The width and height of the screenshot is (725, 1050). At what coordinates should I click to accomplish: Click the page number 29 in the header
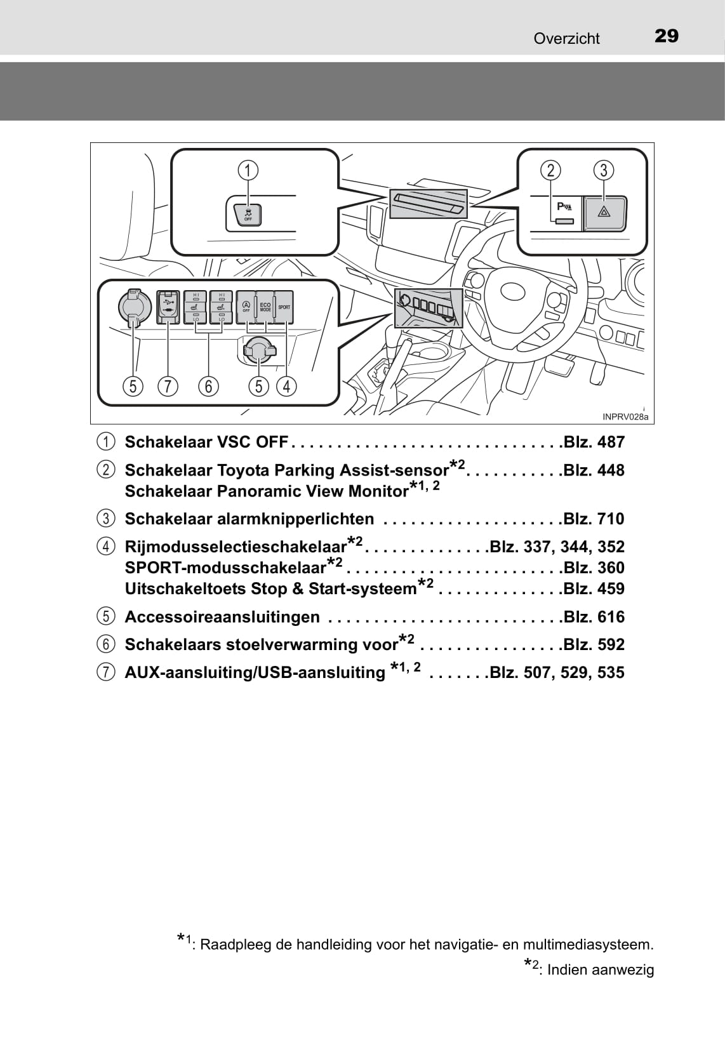tap(666, 36)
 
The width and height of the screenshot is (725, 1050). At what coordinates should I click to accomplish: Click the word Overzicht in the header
tap(566, 39)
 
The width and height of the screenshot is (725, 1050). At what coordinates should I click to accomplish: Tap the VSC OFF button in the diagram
tap(248, 214)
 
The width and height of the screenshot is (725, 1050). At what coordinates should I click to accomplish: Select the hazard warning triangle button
tap(604, 213)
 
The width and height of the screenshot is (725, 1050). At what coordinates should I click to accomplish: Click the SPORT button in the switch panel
tap(284, 307)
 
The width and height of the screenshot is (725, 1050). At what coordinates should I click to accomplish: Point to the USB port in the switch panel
tap(168, 307)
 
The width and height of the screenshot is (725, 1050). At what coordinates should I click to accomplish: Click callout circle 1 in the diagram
tap(248, 170)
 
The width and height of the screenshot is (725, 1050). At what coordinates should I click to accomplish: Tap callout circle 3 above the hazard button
tap(604, 170)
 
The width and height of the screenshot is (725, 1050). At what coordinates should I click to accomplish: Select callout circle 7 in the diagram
tap(168, 387)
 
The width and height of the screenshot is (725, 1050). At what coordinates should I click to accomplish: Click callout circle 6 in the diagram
tap(209, 387)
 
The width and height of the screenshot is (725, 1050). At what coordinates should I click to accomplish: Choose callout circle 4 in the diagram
tap(286, 387)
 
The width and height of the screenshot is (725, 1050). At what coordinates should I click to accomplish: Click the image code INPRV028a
tap(625, 416)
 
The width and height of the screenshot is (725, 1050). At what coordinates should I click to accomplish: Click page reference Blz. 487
tap(594, 442)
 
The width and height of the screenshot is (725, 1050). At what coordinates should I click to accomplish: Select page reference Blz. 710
tap(594, 519)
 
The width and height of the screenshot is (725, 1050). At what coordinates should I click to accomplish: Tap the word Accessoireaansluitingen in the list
tap(222, 617)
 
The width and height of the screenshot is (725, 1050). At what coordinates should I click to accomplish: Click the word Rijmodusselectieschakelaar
tap(236, 547)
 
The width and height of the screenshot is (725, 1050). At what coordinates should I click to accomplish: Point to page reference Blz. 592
tap(594, 644)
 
